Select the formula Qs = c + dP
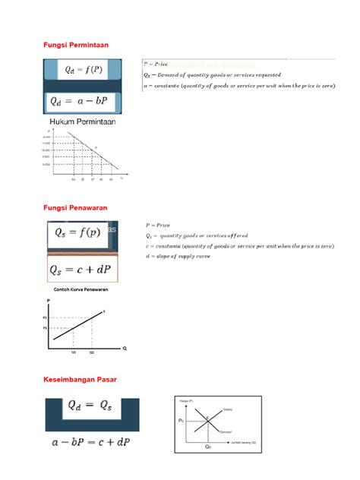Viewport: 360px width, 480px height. click(x=83, y=270)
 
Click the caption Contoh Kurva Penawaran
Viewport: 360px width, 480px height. click(x=79, y=290)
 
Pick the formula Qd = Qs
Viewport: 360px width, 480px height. click(x=91, y=410)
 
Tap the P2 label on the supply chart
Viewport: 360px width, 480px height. click(x=45, y=316)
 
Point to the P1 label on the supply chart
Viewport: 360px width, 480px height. click(x=45, y=327)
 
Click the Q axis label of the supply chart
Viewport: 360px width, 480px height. click(x=124, y=349)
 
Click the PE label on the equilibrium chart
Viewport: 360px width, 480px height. click(x=182, y=419)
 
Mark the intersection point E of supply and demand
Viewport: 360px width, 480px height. click(x=207, y=419)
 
